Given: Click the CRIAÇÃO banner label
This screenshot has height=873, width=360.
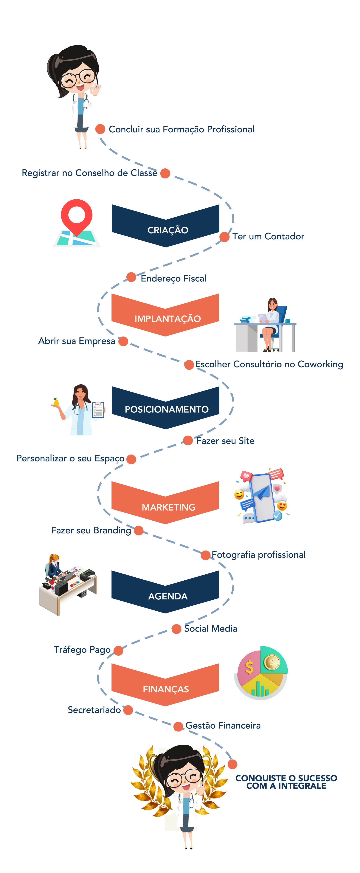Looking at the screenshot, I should click(168, 230).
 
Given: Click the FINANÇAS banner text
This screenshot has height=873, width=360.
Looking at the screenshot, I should click(166, 689).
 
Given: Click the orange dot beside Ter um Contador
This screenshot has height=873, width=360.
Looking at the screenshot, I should click(224, 237).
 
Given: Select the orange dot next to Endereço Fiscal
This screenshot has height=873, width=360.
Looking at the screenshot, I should click(131, 277).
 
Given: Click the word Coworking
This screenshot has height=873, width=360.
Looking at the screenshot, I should click(320, 364).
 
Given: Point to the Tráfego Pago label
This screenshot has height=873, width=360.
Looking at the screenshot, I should click(82, 650).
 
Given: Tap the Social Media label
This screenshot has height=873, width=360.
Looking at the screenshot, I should click(210, 629).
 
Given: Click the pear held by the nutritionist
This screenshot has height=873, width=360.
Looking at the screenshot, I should click(56, 402).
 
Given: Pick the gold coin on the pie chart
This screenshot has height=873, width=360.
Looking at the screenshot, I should click(271, 662).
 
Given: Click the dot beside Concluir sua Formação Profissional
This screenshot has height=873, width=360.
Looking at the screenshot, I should click(100, 129).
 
